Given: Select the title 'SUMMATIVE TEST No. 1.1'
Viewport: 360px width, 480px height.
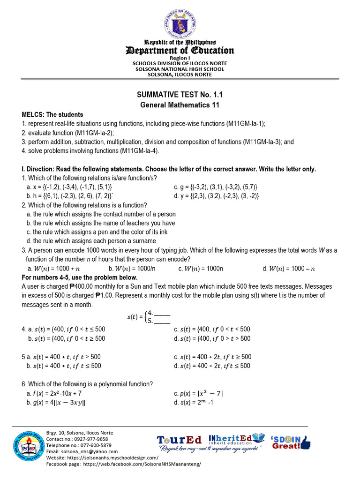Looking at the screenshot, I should [180, 96].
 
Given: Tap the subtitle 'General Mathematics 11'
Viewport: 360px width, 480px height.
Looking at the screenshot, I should [180, 105].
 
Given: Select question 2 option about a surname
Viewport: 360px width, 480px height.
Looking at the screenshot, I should [91, 241].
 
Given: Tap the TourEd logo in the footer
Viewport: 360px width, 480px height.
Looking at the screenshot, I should [180, 440].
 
